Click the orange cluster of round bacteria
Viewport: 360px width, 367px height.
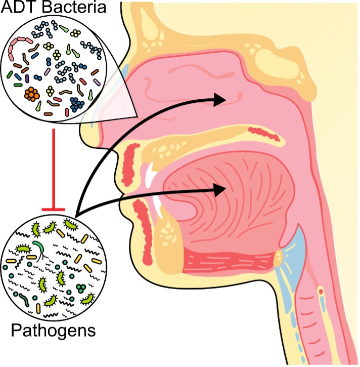coord(32,94)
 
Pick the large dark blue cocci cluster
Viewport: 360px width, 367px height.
coord(77,104)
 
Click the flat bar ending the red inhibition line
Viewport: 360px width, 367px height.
coord(54,208)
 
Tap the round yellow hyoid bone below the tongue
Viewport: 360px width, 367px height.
coord(278,259)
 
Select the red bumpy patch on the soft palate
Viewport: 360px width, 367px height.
coord(263,134)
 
